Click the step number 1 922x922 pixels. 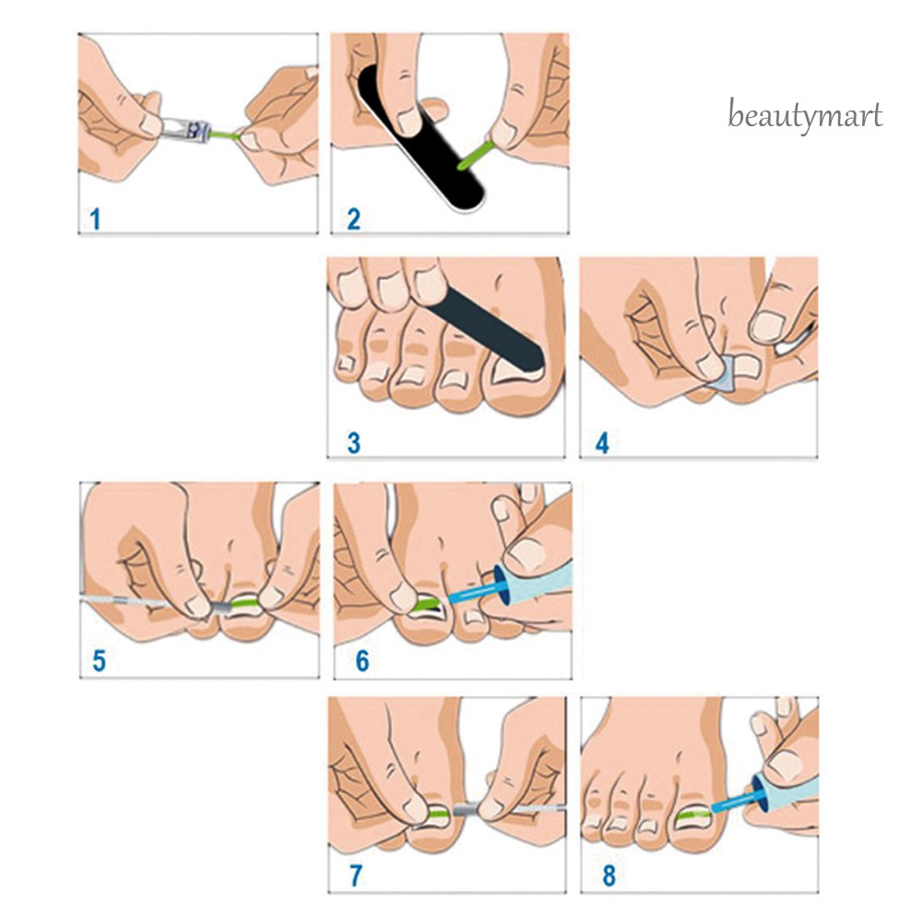point(95,219)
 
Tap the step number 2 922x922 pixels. point(354,219)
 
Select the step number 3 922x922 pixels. point(354,443)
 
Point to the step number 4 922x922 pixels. point(602,443)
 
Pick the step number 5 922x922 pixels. point(99,660)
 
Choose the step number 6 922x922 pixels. point(362,661)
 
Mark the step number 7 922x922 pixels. point(356,876)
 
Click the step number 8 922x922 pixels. point(609,876)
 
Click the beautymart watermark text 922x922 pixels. point(805,115)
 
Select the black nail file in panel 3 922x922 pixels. point(486,331)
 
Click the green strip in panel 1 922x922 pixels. point(225,135)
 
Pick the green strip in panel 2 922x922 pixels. point(475,154)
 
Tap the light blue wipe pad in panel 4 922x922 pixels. point(721,375)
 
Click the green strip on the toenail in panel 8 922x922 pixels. point(694,815)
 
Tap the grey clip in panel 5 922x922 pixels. point(221,607)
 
